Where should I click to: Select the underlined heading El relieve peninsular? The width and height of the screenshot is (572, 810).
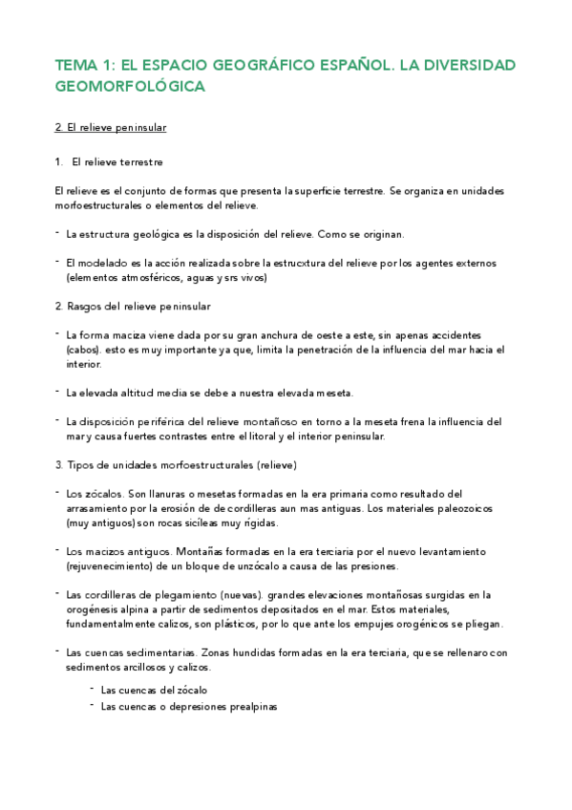point(112,127)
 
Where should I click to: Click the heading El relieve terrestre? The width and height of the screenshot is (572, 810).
point(117,162)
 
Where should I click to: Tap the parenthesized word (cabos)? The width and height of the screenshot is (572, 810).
point(84,350)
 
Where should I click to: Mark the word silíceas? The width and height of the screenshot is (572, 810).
point(185,523)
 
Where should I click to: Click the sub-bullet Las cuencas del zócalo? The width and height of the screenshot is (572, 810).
point(154,689)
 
